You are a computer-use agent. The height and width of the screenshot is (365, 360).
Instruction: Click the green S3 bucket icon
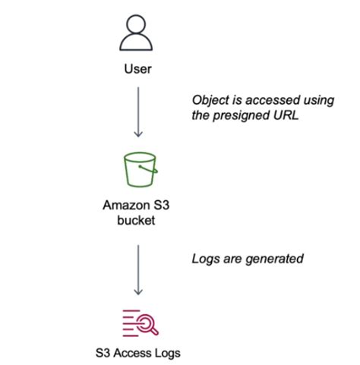click(x=138, y=171)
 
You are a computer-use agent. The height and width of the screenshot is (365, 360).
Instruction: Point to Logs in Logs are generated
click(x=205, y=258)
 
